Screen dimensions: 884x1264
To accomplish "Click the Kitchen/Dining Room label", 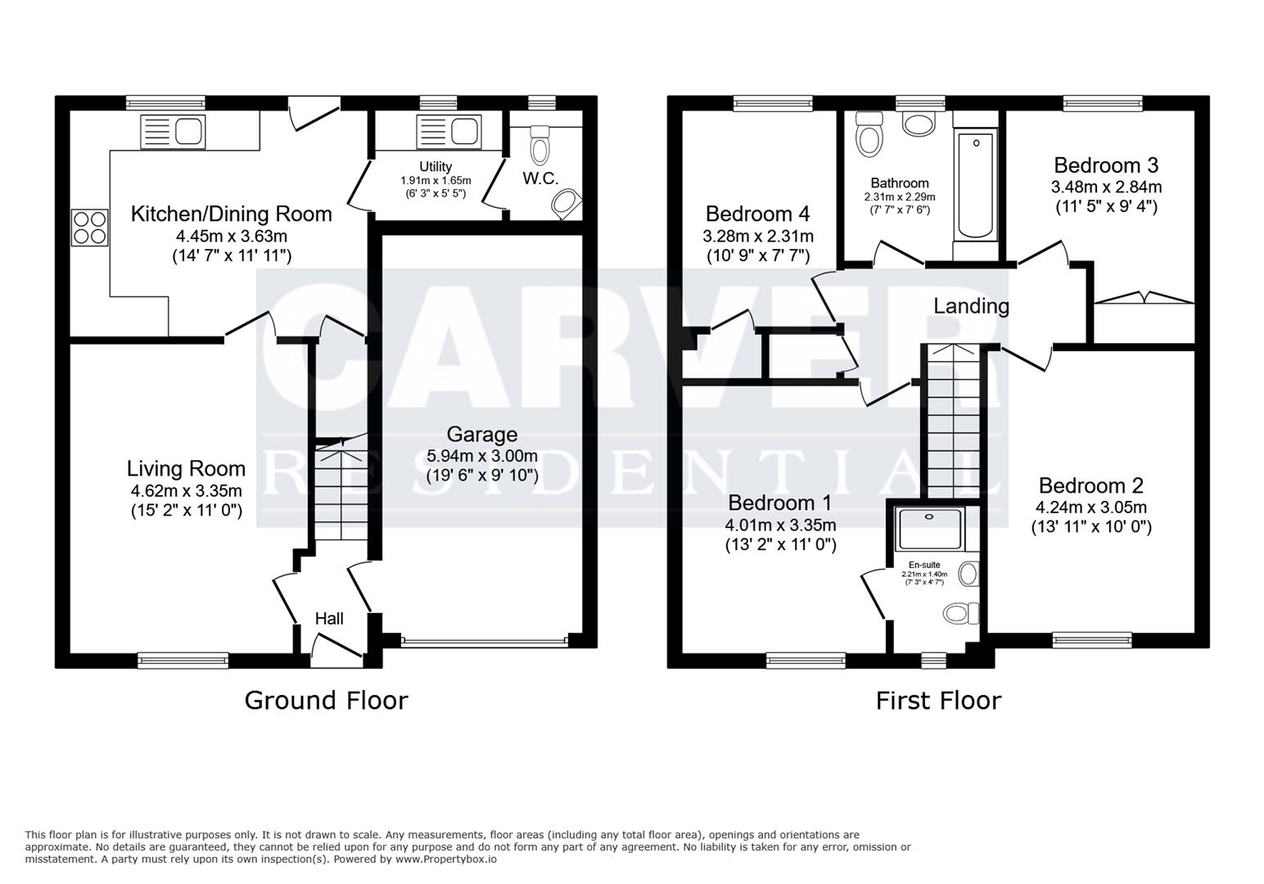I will [232, 214].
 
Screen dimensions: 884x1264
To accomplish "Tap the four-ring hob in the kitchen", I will [90, 228].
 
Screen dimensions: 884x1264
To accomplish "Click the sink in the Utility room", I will [447, 131].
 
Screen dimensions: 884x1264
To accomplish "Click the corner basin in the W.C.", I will [566, 204].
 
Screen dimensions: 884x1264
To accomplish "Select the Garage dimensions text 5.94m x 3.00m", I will [482, 456].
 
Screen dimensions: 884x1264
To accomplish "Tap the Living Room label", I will [186, 469].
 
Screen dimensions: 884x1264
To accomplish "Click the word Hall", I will [329, 619].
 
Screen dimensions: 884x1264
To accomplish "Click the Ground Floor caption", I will [326, 701].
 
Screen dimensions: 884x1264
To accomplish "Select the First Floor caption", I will [938, 701].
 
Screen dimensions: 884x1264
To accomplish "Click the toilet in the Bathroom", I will [869, 136].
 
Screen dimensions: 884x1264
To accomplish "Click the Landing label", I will [971, 306].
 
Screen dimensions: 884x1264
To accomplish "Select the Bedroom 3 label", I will [1106, 165].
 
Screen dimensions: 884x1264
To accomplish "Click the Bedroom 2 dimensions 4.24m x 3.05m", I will [1091, 507].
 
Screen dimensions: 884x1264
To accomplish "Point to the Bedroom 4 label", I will [757, 214].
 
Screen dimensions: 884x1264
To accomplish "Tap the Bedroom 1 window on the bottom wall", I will [806, 660].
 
